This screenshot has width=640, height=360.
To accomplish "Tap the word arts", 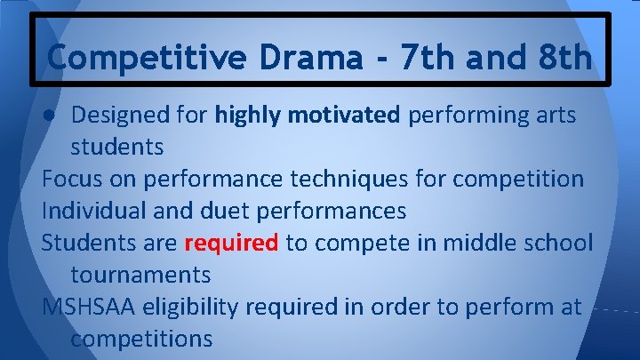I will click(x=556, y=115).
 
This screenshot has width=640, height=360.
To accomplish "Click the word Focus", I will click(x=71, y=179).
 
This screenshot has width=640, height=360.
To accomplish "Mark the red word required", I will click(x=231, y=244).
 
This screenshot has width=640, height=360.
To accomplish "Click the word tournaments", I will click(x=140, y=275).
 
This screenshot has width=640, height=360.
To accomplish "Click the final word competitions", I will click(x=141, y=339).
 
